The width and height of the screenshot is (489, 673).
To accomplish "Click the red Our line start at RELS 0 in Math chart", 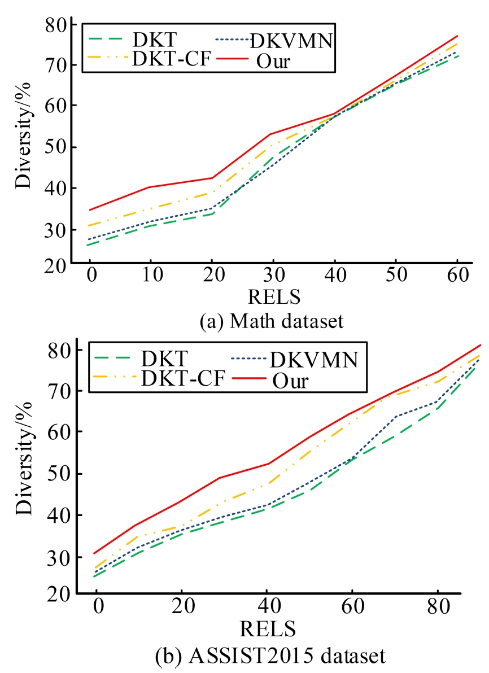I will tap(90, 210).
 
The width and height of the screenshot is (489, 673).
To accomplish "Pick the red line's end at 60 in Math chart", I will tap(457, 36).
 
